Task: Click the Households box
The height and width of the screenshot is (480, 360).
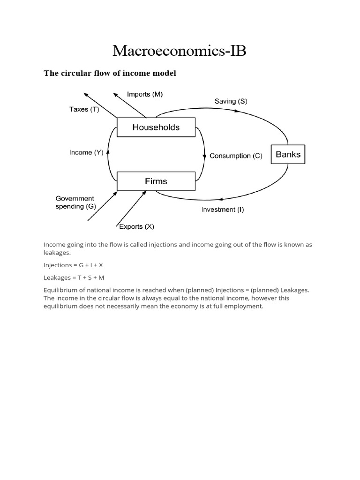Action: tap(156, 127)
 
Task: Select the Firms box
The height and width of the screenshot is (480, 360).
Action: tap(156, 181)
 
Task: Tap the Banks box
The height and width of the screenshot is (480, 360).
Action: tap(288, 154)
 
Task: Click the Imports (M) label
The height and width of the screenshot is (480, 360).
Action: tap(145, 94)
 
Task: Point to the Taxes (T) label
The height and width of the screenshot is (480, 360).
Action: tap(84, 109)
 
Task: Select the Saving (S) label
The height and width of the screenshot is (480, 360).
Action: tap(231, 101)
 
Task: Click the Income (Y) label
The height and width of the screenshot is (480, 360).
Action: tap(86, 152)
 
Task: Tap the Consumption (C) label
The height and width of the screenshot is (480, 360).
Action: tap(236, 156)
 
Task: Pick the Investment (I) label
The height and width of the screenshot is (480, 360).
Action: tap(222, 210)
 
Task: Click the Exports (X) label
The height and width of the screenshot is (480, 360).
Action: tap(136, 227)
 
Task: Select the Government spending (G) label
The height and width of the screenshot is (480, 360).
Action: tap(75, 202)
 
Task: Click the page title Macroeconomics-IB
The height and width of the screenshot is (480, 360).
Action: tap(180, 51)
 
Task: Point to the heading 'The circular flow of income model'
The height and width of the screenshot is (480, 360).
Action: tap(110, 73)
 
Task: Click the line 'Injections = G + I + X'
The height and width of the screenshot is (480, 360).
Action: tap(73, 265)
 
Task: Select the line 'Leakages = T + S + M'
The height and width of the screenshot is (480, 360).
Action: tap(74, 277)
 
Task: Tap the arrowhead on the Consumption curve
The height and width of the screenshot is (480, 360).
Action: tap(205, 156)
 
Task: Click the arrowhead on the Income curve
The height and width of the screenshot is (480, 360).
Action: tap(108, 151)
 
